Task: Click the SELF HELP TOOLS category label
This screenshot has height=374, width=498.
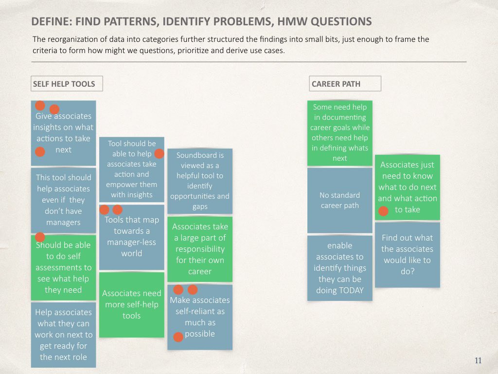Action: (67, 84)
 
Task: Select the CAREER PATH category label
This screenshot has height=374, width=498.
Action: (345, 84)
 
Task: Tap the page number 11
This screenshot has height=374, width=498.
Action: (478, 360)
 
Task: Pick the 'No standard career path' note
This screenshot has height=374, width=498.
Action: (340, 200)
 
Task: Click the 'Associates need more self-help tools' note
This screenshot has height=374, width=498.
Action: (131, 305)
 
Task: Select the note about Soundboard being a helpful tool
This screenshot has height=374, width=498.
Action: (200, 181)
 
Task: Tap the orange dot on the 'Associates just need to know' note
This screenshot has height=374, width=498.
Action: (383, 211)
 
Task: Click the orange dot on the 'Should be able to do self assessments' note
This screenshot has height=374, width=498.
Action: (40, 237)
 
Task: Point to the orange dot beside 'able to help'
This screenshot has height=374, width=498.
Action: (159, 153)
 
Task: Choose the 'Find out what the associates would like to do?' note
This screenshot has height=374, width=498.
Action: (408, 255)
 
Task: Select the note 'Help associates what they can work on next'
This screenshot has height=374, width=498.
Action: (64, 335)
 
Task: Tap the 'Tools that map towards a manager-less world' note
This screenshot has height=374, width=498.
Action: (131, 237)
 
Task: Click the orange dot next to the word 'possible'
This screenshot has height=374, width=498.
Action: (178, 337)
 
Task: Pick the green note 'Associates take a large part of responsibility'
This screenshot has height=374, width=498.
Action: (200, 249)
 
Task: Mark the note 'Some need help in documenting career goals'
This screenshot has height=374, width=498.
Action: (340, 133)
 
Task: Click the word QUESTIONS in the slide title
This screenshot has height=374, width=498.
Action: (341, 21)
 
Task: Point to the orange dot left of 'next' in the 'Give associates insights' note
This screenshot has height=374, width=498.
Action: (40, 152)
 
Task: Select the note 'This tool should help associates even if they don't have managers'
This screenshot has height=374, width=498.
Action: (64, 200)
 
